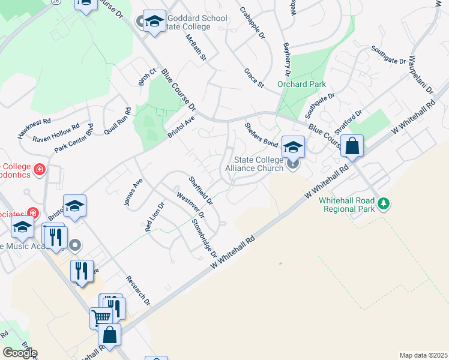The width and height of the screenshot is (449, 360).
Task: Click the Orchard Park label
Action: pos(301,85)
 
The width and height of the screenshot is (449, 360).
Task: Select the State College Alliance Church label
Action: pos(254,164)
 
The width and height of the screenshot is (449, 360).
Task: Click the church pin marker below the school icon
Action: pos(293,163)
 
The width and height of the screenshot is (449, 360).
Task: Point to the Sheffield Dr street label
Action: pos(200,189)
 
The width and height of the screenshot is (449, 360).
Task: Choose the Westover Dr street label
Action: pos(191,204)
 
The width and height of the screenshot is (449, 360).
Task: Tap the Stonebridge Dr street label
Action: pos(204,237)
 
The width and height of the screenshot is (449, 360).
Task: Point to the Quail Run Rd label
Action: pos(116,122)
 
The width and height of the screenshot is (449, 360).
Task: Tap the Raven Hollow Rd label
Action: pos(56,134)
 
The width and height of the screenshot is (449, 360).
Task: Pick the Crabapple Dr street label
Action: pos(252,23)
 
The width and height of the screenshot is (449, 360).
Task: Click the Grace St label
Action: pos(254,78)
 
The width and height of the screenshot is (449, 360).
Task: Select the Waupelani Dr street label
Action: pos(420,74)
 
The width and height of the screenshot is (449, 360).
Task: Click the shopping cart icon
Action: pos(101,317)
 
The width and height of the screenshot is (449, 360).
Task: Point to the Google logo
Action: pos(20,353)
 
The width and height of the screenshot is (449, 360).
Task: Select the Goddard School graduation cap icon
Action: pos(155,23)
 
